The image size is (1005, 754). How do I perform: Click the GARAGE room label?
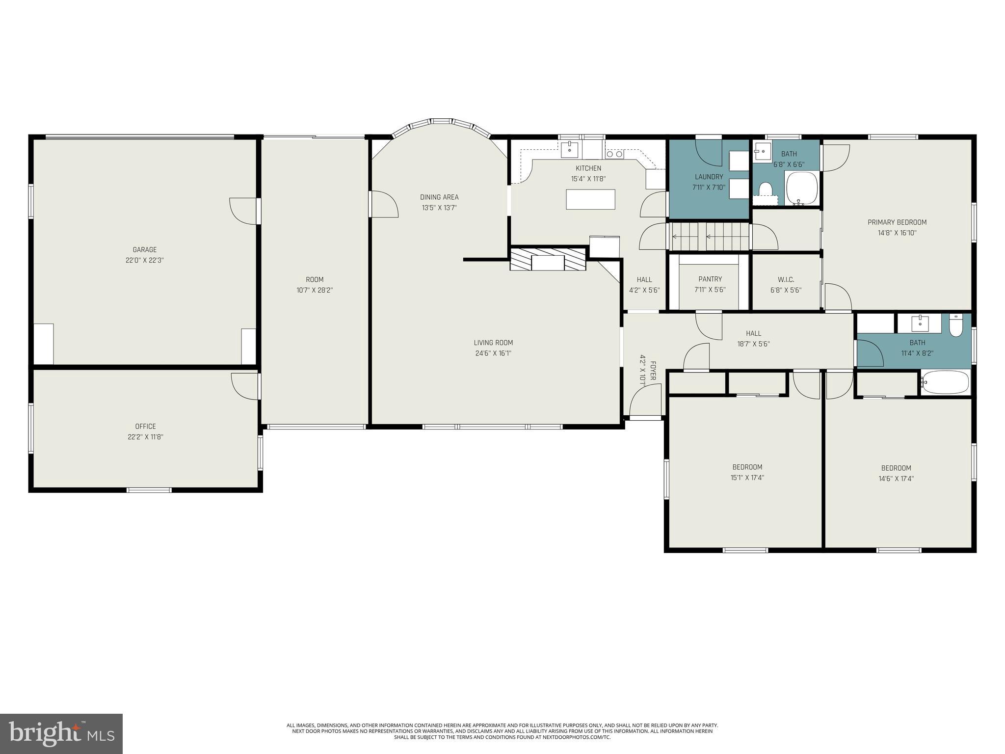(144, 250)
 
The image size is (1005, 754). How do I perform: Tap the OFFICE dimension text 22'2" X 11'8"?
(145, 437)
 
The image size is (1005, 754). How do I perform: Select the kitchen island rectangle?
(590, 199)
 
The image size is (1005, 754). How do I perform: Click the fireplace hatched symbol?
(548, 259)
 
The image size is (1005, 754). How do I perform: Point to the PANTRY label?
(710, 279)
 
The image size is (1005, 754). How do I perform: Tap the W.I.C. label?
(786, 280)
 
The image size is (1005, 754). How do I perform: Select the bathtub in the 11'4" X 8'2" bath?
(946, 382)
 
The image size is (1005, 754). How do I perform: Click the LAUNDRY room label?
(709, 177)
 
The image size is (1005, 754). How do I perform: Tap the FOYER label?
(653, 371)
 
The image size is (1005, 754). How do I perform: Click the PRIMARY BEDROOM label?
(897, 222)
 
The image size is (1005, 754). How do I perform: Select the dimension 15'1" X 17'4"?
(747, 478)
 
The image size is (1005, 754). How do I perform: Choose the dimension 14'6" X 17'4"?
(896, 479)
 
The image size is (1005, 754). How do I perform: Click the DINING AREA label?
(439, 197)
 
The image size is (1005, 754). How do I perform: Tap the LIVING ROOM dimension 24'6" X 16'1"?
(493, 353)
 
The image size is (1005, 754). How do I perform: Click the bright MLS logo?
(61, 733)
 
